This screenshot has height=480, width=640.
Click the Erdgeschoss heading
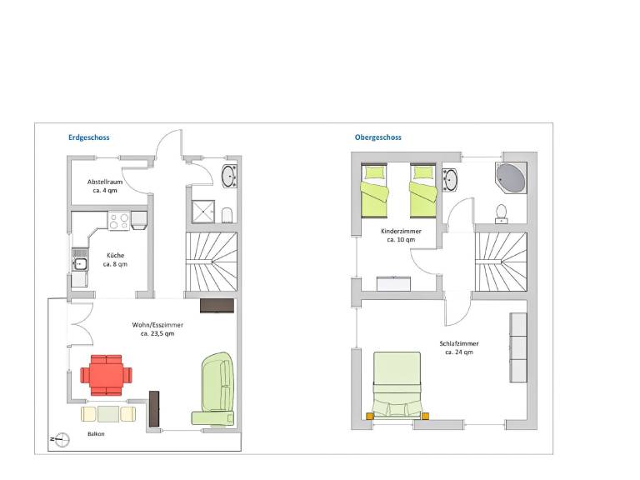88,137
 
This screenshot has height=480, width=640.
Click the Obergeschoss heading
378,137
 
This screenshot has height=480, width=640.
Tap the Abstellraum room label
105,182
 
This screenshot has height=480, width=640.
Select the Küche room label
115,256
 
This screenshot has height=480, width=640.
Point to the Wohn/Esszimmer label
157,325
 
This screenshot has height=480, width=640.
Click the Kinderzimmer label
401,231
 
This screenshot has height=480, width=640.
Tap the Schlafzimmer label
459,343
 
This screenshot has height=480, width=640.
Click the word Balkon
96,434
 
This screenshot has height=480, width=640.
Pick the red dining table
106,375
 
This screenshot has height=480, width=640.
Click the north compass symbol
61,440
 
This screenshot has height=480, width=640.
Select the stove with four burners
119,221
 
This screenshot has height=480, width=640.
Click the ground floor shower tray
203,212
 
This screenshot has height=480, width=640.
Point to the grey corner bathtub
511,178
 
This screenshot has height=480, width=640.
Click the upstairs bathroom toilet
501,214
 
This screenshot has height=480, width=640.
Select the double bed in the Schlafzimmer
397,385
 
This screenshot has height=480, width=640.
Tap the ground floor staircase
212,262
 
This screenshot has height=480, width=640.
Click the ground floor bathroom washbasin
229,177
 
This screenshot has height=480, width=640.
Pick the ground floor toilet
227,215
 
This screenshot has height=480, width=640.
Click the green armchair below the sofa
213,418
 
